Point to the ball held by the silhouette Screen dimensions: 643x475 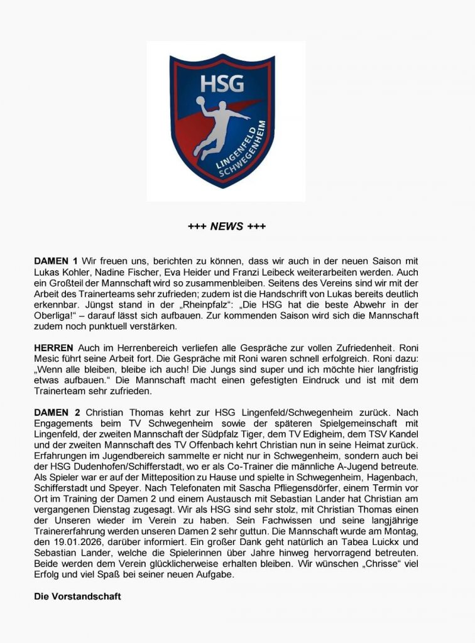pos(200,101)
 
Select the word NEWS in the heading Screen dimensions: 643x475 pos(227,226)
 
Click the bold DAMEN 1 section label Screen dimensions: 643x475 pos(56,261)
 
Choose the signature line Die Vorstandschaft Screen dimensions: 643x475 pos(77,596)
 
